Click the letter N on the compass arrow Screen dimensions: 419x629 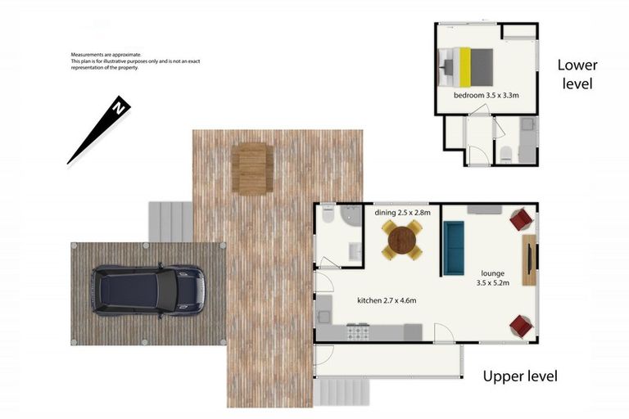(120, 107)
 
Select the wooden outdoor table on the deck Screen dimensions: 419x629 (251, 167)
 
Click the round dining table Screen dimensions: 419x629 (402, 241)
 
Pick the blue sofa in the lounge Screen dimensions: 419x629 (454, 247)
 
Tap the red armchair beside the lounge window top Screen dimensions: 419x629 (521, 219)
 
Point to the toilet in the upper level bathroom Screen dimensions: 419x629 (327, 214)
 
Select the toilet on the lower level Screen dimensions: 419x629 (506, 151)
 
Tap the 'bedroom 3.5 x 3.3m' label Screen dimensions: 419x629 (486, 96)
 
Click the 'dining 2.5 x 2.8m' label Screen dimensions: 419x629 (402, 213)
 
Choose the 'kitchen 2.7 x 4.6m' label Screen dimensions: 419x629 (387, 300)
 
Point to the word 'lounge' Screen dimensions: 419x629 (493, 273)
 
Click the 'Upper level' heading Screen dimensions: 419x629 (519, 376)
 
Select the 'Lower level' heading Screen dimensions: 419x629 (577, 74)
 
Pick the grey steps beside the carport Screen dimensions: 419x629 (170, 221)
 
